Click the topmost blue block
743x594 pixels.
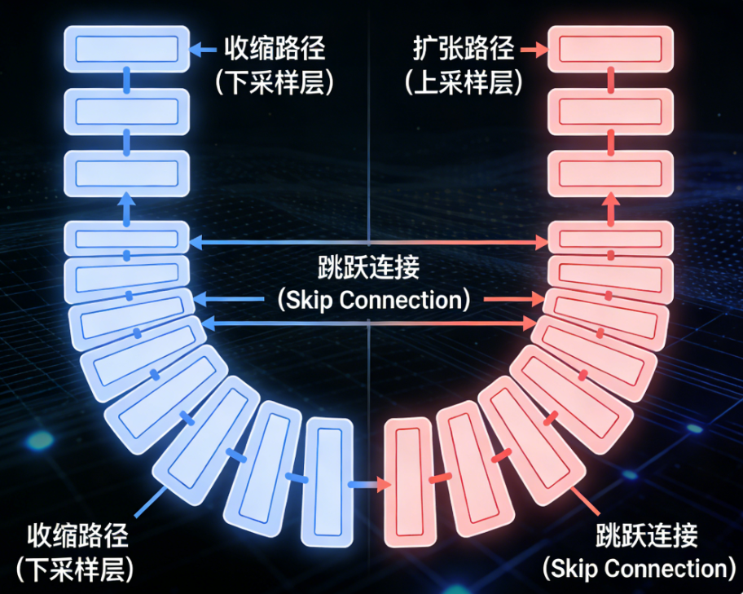126,50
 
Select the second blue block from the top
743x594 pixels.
126,110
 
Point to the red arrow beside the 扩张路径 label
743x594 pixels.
534,50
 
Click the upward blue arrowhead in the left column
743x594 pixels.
126,199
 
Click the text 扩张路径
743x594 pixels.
463,49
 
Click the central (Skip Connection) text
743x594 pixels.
374,300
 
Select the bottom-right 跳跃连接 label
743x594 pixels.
647,535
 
